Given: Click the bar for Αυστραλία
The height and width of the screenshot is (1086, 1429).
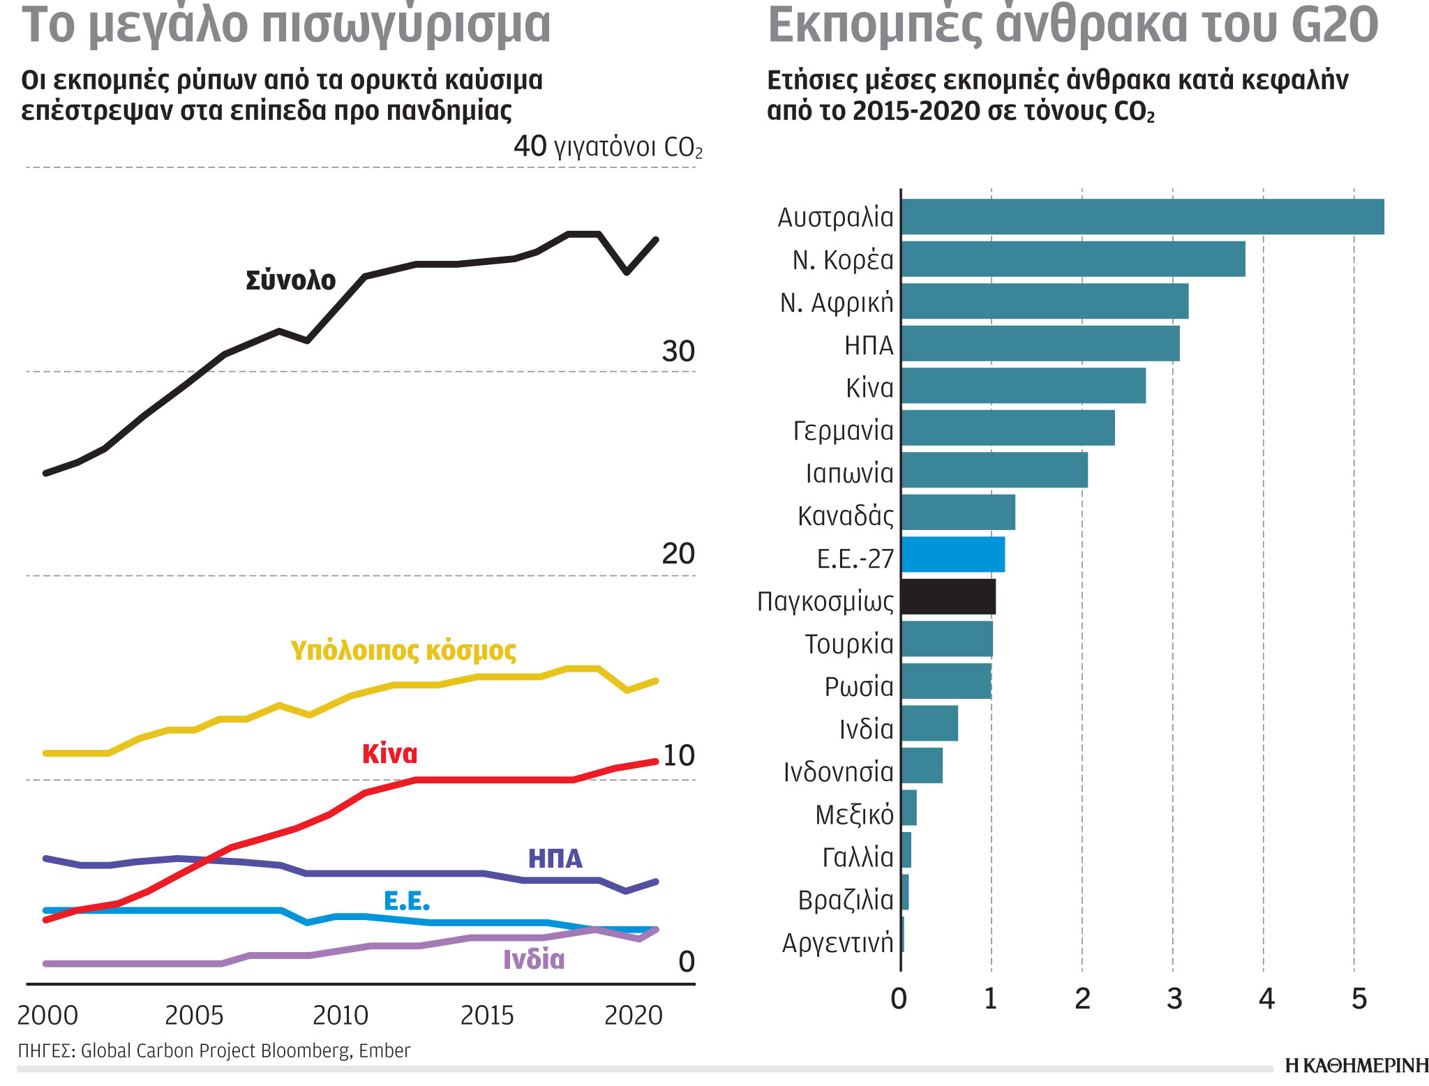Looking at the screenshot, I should (x=1142, y=217).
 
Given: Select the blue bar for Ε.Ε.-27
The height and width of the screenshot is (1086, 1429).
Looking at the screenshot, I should (x=953, y=555).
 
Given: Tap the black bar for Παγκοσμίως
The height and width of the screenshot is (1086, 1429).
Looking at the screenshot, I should (x=948, y=597).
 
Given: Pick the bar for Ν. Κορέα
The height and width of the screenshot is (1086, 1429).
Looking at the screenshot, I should (x=1073, y=259).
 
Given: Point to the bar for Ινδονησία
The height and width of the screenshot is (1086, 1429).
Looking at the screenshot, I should (x=922, y=766).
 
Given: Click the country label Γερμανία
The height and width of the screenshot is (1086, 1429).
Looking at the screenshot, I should (x=843, y=431).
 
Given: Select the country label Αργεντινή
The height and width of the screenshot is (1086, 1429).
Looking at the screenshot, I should (x=837, y=943).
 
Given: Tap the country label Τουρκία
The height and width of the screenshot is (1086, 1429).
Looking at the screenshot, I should (x=848, y=644).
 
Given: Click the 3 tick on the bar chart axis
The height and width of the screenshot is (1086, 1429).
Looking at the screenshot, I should (x=1174, y=1000).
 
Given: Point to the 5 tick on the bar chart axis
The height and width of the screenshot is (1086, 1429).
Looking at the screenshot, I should (x=1358, y=1000).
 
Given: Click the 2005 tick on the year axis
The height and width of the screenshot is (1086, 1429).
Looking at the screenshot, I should (x=194, y=1016).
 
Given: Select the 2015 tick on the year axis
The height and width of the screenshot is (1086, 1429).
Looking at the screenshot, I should (x=487, y=1016).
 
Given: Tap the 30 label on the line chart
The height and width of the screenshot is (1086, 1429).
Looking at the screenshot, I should (x=678, y=352).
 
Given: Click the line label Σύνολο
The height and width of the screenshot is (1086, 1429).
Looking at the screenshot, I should (x=290, y=280).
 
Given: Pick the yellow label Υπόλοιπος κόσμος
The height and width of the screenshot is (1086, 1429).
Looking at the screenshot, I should (x=403, y=650).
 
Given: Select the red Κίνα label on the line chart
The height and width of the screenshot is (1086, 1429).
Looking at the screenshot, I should (x=389, y=754).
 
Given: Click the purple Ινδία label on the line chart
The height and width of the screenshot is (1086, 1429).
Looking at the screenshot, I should (x=534, y=960).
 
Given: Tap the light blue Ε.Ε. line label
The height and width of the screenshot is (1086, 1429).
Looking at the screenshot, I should (x=407, y=901).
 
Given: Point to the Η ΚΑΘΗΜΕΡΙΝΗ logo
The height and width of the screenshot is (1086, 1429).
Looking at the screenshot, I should (x=1356, y=1066).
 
